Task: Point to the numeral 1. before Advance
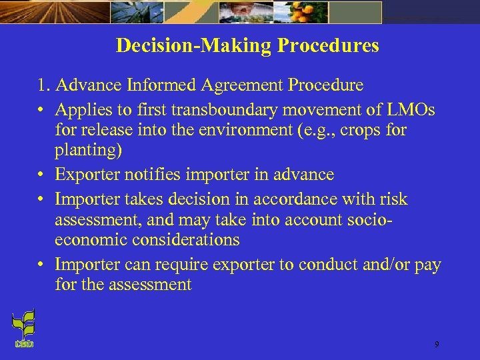point(44,85)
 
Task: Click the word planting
point(88,150)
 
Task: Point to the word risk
point(393,199)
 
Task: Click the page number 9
point(436,344)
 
